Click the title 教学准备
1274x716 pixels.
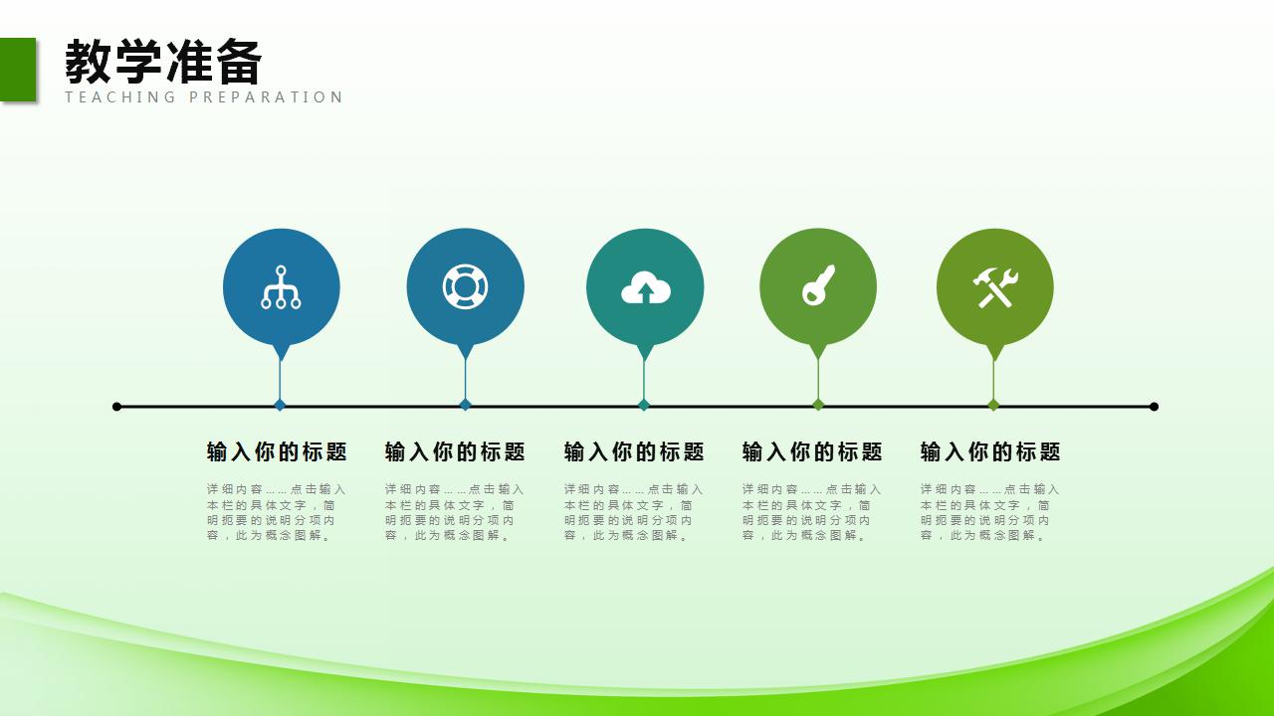(x=163, y=62)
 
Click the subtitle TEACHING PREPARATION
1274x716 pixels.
(x=204, y=97)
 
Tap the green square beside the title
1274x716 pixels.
(x=18, y=69)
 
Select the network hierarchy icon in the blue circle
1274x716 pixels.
(x=281, y=287)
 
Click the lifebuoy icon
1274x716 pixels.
(x=465, y=286)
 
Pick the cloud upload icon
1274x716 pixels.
(x=645, y=288)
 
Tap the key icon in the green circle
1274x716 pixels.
(x=818, y=286)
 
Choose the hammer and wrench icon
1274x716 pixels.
(x=994, y=287)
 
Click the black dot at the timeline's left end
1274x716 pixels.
(x=117, y=407)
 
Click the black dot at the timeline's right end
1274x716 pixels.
(x=1154, y=407)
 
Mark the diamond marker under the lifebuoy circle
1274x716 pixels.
(x=465, y=405)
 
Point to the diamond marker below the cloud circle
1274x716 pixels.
(x=644, y=405)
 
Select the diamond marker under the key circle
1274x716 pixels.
(x=818, y=405)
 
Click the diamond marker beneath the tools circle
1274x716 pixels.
(x=993, y=405)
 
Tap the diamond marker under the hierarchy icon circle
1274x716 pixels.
(x=280, y=405)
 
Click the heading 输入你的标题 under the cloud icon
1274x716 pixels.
(x=634, y=452)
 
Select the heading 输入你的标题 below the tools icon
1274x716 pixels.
(x=990, y=452)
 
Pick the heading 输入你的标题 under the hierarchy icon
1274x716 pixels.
(x=277, y=452)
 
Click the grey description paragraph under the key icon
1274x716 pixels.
(x=811, y=512)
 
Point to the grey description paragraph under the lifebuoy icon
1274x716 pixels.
(x=455, y=512)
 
